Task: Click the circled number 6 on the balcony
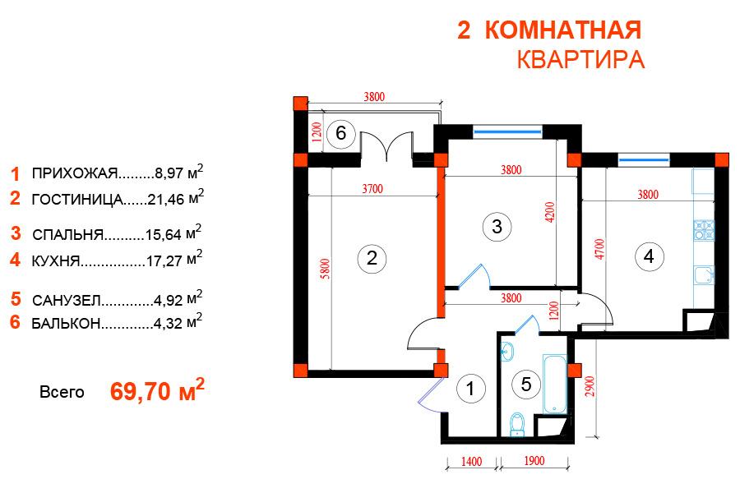[x=340, y=133]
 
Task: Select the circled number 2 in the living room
[x=372, y=258]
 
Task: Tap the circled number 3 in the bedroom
[x=497, y=227]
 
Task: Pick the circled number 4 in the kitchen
[x=649, y=256]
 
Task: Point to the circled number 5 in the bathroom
[x=526, y=385]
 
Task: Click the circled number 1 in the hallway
[x=470, y=389]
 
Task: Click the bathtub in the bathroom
[x=554, y=384]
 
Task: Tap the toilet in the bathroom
[x=517, y=424]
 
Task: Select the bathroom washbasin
[x=506, y=352]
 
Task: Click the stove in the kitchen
[x=704, y=230]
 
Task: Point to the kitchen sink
[x=704, y=275]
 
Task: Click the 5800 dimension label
[x=325, y=269]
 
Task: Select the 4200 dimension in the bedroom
[x=549, y=212]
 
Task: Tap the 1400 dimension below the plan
[x=471, y=461]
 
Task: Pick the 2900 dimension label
[x=590, y=386]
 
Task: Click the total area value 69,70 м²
[x=157, y=390]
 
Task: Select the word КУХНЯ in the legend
[x=56, y=261]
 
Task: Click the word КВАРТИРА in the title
[x=581, y=60]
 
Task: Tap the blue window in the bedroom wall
[x=507, y=131]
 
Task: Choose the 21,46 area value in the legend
[x=165, y=200]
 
